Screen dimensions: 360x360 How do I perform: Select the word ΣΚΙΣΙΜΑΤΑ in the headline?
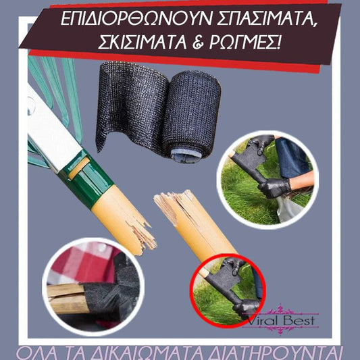pyautogui.click(x=142, y=43)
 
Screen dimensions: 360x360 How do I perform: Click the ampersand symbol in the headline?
pyautogui.click(x=198, y=43)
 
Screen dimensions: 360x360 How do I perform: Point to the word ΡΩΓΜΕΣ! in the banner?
pyautogui.click(x=245, y=42)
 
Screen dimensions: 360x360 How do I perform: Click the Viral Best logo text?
pyautogui.click(x=280, y=320)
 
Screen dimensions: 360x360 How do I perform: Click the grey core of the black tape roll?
pyautogui.click(x=186, y=154)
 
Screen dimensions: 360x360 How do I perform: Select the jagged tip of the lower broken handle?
pyautogui.click(x=171, y=202)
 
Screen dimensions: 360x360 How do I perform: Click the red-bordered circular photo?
pyautogui.click(x=228, y=291)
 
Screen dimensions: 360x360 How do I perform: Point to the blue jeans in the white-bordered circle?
pyautogui.click(x=291, y=155)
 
